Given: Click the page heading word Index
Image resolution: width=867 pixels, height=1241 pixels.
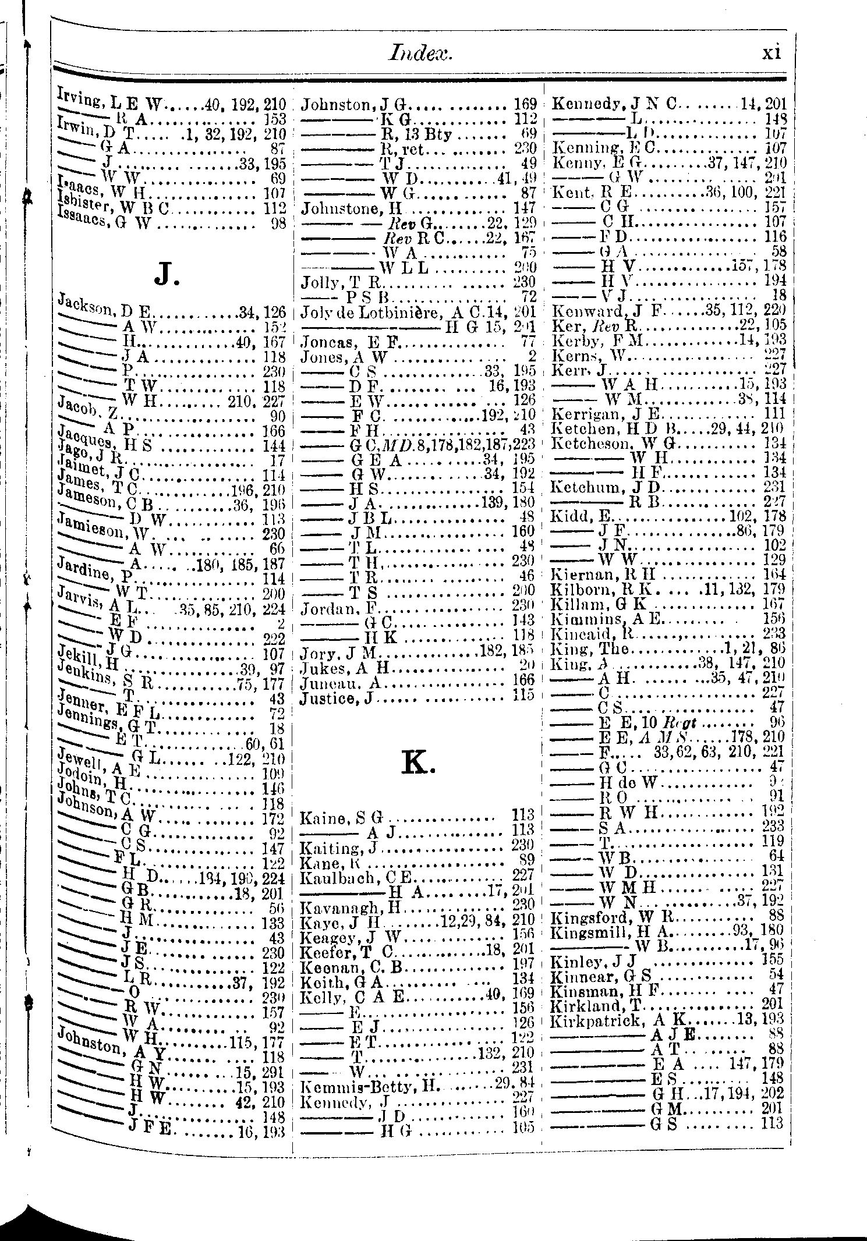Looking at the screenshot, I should (419, 54).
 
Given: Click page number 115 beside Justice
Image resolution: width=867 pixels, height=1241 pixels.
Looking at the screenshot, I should (523, 698).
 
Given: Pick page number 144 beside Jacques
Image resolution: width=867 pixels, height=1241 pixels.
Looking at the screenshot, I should (273, 446).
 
